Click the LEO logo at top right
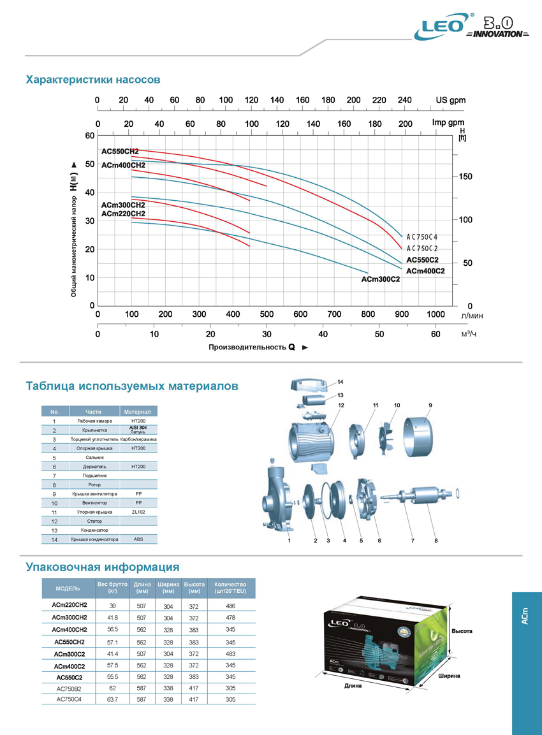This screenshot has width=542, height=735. [442, 29]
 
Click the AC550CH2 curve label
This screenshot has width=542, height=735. [120, 152]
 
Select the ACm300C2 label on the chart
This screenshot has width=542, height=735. [380, 279]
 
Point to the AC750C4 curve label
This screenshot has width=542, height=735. [422, 237]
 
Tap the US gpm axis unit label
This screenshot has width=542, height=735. [450, 100]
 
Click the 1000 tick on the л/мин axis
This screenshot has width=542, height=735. [436, 314]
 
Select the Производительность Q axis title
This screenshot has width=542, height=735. [252, 347]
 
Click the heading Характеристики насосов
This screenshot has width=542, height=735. [92, 80]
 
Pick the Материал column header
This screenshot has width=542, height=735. [138, 412]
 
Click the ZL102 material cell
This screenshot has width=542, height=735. [138, 512]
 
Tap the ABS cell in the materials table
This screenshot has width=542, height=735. [138, 539]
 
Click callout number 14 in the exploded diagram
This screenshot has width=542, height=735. [341, 382]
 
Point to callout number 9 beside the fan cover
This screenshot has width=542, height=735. [430, 405]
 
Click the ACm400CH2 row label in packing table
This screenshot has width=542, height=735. [70, 630]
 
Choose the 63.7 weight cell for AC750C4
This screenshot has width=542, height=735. [112, 699]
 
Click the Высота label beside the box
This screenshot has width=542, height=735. [462, 631]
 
